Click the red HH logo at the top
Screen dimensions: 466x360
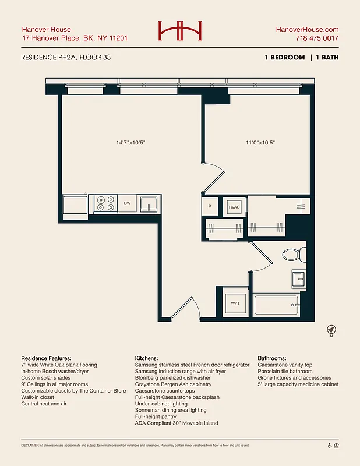[179, 31]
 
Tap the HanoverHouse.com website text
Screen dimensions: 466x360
[306, 30]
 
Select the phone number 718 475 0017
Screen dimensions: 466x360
[317, 38]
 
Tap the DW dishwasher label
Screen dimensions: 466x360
[127, 203]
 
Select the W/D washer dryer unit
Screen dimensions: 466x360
[235, 303]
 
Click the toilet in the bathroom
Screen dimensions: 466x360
[293, 254]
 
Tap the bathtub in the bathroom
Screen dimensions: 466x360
[276, 305]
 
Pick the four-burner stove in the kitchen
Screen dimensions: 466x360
[105, 203]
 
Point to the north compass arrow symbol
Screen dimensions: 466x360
[331, 329]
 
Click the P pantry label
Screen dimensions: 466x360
[209, 206]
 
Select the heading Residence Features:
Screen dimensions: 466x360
[46, 358]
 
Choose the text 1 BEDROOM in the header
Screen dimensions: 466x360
[285, 57]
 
